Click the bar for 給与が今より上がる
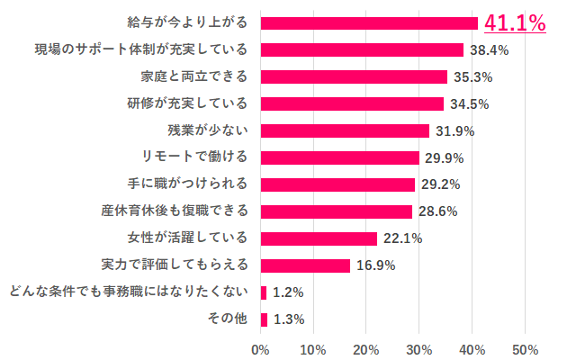[x=369, y=23]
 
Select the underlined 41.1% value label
[x=515, y=23]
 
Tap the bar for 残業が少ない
[x=345, y=130]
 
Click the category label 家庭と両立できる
[x=194, y=76]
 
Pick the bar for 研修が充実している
[x=352, y=103]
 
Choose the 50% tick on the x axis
[x=525, y=348]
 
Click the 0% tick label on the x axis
[x=260, y=348]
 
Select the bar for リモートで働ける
[x=339, y=157]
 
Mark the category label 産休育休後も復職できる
[x=174, y=211]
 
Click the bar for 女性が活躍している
[x=319, y=238]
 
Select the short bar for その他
[x=264, y=319]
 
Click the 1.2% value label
[x=288, y=292]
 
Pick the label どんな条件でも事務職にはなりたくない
[x=126, y=292]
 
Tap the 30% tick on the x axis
[x=419, y=348]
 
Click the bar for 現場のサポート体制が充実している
[x=362, y=50]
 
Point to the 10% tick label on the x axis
[x=313, y=348]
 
